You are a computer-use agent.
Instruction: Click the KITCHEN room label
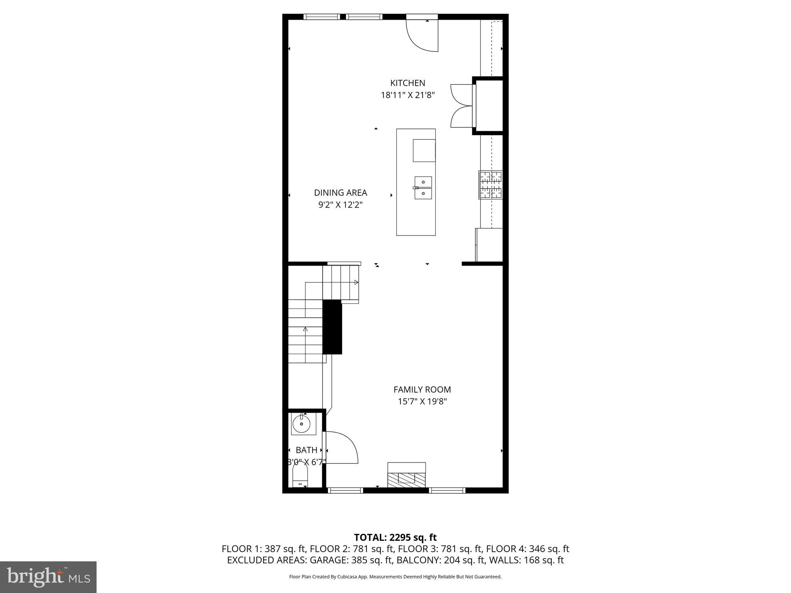[407, 83]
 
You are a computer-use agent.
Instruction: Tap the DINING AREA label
[340, 193]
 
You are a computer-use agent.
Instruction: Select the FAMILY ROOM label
[422, 390]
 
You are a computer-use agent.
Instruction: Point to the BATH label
[306, 450]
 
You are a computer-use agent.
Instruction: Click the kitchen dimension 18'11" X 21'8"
[407, 95]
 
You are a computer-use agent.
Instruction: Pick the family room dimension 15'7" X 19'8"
[422, 402]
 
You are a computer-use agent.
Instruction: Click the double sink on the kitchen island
[423, 188]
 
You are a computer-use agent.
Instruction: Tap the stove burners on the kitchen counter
[491, 185]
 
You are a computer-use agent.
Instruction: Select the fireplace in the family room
[406, 475]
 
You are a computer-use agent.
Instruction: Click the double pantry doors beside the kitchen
[462, 106]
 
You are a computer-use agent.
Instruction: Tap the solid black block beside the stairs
[332, 327]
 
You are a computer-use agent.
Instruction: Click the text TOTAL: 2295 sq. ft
[395, 537]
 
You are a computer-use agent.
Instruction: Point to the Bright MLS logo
[48, 577]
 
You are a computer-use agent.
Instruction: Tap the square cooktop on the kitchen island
[424, 151]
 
